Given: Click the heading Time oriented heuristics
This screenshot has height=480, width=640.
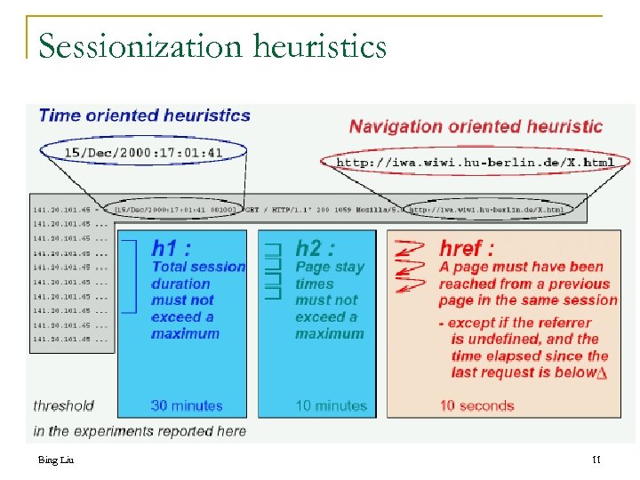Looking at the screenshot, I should pos(145,116).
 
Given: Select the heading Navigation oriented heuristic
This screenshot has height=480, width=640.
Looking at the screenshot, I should pos(476,126).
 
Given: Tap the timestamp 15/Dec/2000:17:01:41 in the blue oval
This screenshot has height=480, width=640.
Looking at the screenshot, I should pos(143,153).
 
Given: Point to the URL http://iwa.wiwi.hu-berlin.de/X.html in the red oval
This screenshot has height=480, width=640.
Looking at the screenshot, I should pos(475,163).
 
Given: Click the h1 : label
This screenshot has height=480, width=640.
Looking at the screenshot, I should pos(171,248).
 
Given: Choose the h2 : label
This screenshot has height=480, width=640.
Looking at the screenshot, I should pos(315,248).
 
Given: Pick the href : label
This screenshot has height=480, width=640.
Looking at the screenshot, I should pos(467,248).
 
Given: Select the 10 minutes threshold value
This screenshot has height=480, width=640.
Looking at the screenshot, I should pos(330,405).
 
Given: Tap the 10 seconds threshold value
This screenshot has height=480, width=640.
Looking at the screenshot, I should pos(476,405).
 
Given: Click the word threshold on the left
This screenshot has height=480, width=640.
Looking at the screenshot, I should pos(63,405).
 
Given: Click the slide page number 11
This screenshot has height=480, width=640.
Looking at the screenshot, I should pos(596,460).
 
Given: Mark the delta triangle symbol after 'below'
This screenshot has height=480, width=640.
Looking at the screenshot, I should pos(603,373).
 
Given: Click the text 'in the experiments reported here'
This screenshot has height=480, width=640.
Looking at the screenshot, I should pos(140,431).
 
